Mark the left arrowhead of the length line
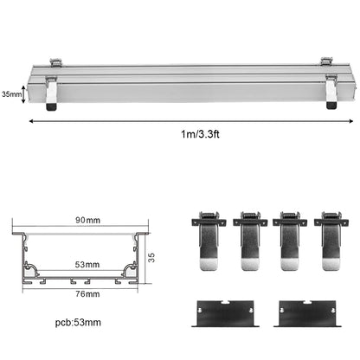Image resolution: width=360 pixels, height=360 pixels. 32,122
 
